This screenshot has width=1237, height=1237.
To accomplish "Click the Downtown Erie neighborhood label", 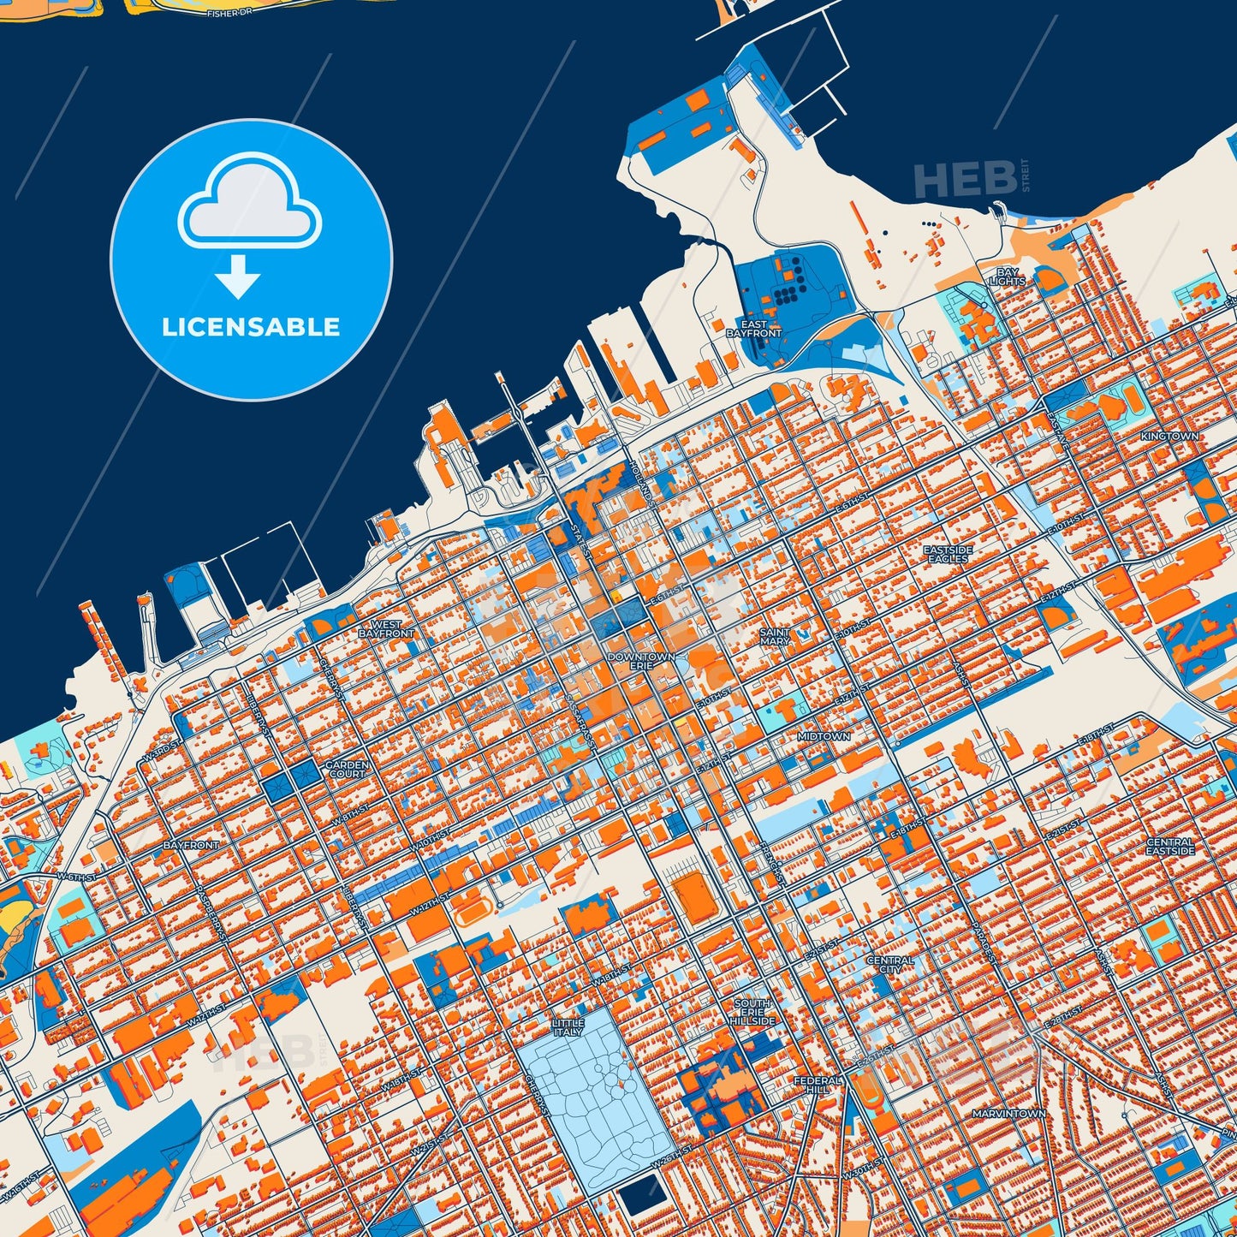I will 641,661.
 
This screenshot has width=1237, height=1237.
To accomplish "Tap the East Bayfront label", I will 753,329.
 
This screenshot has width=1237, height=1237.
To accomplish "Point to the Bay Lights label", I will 1007,277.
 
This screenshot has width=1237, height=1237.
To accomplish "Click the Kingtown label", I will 1169,437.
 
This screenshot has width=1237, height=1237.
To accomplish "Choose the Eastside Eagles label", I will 948,554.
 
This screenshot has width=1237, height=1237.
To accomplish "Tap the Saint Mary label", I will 775,636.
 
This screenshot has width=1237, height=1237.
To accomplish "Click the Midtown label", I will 824,736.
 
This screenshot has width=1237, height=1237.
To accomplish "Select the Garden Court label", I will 347,769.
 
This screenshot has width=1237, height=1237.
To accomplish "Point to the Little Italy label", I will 568,1027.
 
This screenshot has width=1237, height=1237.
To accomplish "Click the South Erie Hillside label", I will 752,1012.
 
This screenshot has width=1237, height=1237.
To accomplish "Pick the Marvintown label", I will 1008,1114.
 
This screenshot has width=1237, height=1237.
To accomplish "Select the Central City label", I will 890,965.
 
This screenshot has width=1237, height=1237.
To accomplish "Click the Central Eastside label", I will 1169,847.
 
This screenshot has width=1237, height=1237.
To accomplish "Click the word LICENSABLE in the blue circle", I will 251,327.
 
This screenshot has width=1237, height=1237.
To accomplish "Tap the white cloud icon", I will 249,202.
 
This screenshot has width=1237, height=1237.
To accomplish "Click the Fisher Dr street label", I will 227,15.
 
